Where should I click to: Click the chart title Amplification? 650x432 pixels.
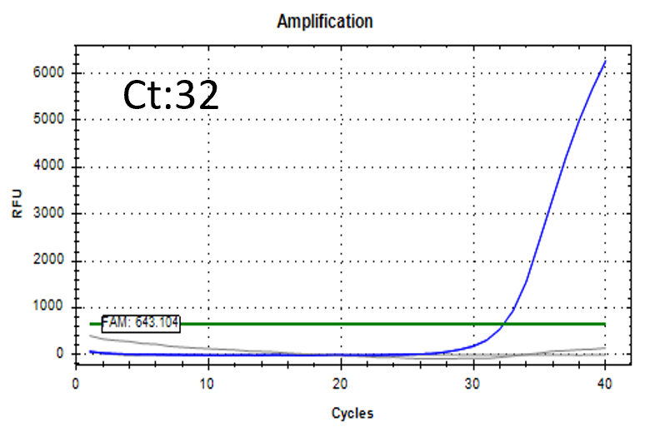(x=324, y=22)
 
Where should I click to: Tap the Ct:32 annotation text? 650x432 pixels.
(x=172, y=97)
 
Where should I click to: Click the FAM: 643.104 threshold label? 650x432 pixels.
(x=141, y=323)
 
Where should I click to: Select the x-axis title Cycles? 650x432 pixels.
(x=352, y=413)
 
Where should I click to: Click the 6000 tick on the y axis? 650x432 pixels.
(x=49, y=73)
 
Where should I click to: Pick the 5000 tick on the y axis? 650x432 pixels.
(x=49, y=120)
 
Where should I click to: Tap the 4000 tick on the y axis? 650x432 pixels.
(x=49, y=167)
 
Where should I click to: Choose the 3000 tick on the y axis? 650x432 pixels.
(x=49, y=214)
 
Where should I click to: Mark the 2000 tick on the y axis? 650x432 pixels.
(x=49, y=261)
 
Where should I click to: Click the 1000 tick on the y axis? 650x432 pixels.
(x=49, y=308)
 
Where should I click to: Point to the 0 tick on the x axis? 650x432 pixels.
(x=76, y=384)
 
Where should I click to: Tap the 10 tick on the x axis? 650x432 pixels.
(x=207, y=384)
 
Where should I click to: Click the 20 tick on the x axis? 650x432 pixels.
(x=340, y=384)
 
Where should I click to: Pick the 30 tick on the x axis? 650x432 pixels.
(x=472, y=384)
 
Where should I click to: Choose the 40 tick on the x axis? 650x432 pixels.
(x=605, y=384)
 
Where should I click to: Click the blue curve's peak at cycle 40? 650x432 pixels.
(x=605, y=60)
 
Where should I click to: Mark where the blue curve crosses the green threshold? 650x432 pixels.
(x=506, y=324)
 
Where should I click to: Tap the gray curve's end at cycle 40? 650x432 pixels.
(x=605, y=347)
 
